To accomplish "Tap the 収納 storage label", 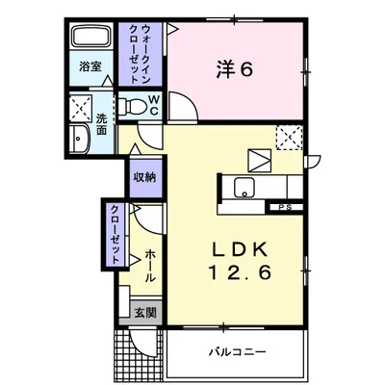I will click(x=145, y=177).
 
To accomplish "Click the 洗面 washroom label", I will click(x=101, y=126).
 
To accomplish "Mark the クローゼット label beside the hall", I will click(x=115, y=235).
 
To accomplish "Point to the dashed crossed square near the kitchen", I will click(x=288, y=137).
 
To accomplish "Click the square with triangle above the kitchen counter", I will click(x=259, y=158).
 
